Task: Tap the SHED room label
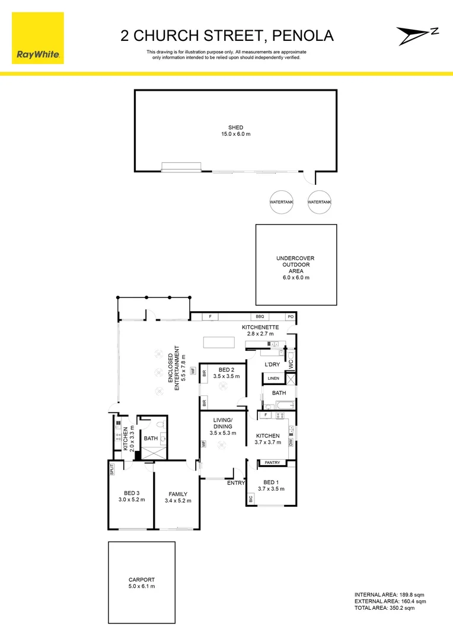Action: pyautogui.click(x=235, y=127)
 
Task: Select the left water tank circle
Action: pyautogui.click(x=282, y=202)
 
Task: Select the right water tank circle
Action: pyautogui.click(x=320, y=202)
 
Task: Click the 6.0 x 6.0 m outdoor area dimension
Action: pyautogui.click(x=296, y=277)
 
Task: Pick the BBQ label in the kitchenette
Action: pyautogui.click(x=260, y=317)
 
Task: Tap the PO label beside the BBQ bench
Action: pyautogui.click(x=291, y=317)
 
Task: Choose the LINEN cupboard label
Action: pyautogui.click(x=273, y=378)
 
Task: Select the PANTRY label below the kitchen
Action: pyautogui.click(x=273, y=462)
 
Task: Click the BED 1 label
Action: pyautogui.click(x=271, y=482)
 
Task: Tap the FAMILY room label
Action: pyautogui.click(x=177, y=494)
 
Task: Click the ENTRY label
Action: pyautogui.click(x=235, y=483)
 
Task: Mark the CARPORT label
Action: pyautogui.click(x=141, y=580)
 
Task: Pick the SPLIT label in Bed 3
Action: pyautogui.click(x=111, y=469)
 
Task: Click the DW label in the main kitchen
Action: pyautogui.click(x=291, y=442)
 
